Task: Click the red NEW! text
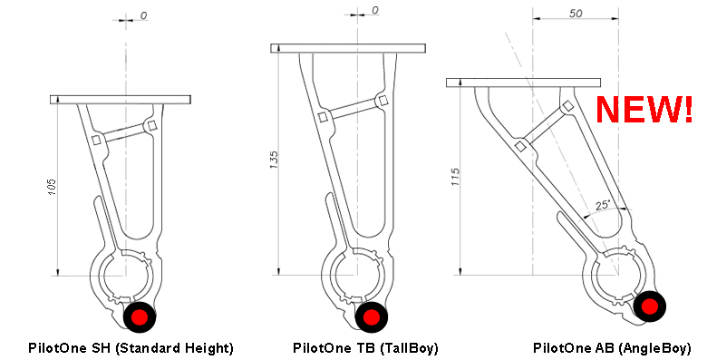(x=644, y=110)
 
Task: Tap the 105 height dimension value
(x=53, y=187)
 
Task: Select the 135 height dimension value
(x=274, y=160)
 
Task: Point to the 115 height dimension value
(x=455, y=177)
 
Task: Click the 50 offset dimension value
(x=576, y=14)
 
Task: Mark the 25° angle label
(x=603, y=205)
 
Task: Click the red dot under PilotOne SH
(x=140, y=316)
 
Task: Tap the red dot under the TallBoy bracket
(x=371, y=316)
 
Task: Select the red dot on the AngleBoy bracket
(x=650, y=306)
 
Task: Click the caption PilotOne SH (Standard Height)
(x=131, y=348)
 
